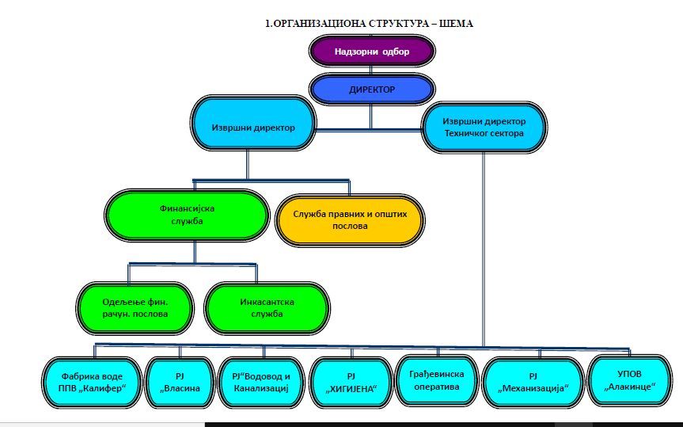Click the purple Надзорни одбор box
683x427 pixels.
[371, 52]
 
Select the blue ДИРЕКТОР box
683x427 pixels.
[371, 89]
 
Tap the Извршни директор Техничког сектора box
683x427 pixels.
[484, 128]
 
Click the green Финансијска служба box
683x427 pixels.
[187, 215]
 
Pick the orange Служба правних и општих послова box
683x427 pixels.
[349, 219]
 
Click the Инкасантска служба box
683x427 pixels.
[267, 307]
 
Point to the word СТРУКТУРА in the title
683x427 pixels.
[388, 23]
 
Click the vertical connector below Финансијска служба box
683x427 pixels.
[195, 252]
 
